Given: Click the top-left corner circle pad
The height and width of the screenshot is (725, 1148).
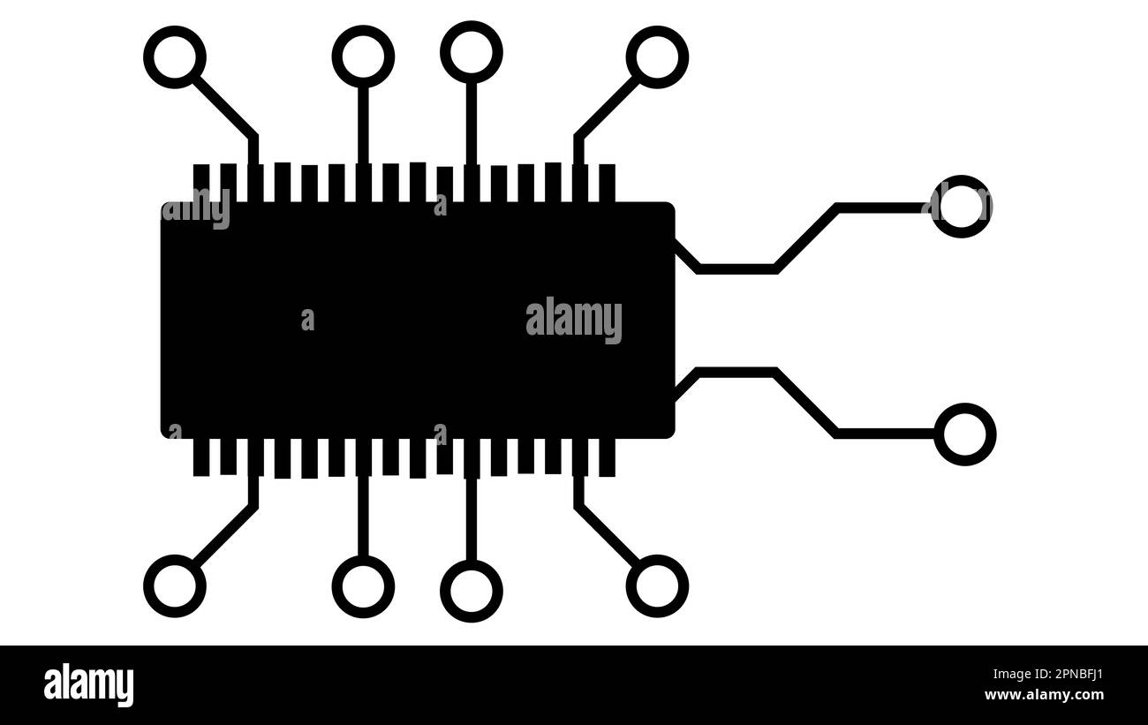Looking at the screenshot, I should click(x=175, y=57).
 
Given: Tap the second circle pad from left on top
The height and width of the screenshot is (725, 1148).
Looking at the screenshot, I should click(x=363, y=57).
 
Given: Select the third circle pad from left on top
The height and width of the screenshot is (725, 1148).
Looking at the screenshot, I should click(x=472, y=52).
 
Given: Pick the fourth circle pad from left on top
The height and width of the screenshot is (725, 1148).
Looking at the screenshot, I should click(x=657, y=57).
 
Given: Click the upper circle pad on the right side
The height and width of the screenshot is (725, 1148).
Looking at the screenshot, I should click(x=962, y=206).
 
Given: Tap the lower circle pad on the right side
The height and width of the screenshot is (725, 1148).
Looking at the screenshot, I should click(x=965, y=434).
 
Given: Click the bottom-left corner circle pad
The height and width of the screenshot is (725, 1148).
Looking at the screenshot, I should click(x=175, y=586).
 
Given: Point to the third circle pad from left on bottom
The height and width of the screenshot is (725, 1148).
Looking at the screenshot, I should click(x=472, y=591).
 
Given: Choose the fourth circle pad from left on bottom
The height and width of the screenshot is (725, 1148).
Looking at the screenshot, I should click(x=657, y=586).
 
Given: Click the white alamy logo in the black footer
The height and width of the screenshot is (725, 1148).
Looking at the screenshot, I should click(x=88, y=685).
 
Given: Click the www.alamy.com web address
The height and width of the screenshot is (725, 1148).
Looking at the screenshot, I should click(x=1043, y=695).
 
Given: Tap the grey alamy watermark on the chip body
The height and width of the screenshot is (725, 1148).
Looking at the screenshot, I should click(x=574, y=320).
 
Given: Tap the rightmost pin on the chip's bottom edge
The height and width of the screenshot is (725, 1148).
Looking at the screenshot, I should click(x=607, y=457).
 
